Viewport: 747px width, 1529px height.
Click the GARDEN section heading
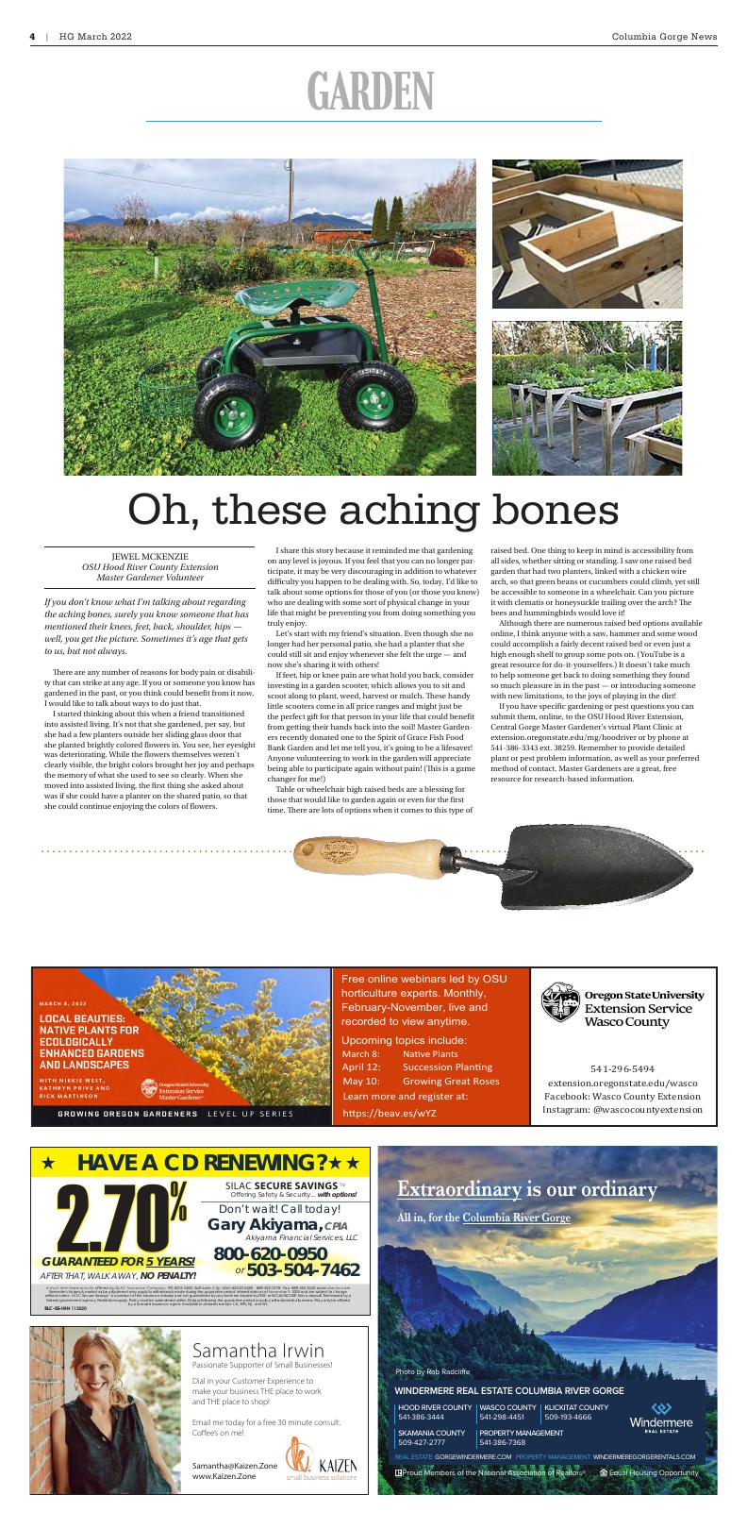click(x=371, y=92)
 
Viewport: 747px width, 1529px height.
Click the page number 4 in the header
click(x=32, y=37)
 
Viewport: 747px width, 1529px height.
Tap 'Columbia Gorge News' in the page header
click(x=663, y=37)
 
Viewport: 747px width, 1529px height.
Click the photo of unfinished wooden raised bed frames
click(x=587, y=233)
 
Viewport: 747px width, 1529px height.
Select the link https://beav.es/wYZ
click(x=389, y=1113)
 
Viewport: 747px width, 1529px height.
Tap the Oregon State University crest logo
click(x=560, y=1007)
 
